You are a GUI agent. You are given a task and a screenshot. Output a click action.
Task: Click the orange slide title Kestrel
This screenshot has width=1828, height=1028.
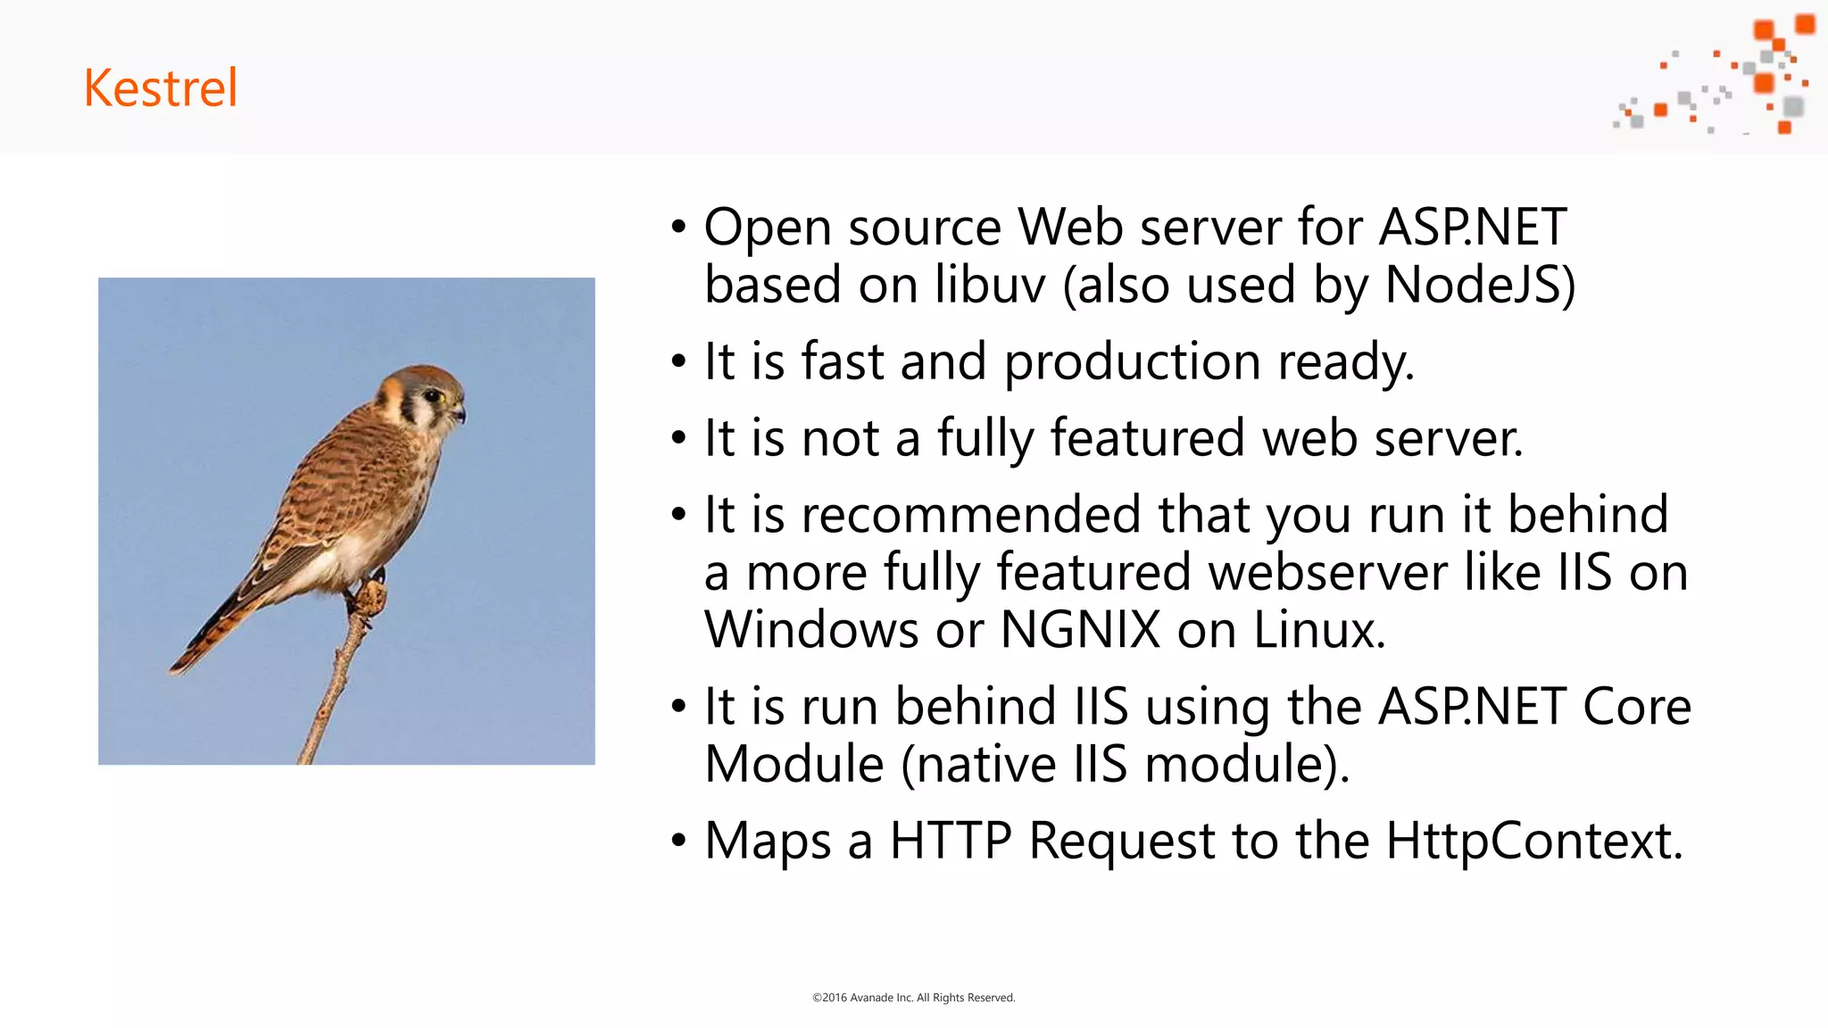(x=161, y=88)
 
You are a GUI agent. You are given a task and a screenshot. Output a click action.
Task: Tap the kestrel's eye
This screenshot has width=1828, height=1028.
(x=434, y=395)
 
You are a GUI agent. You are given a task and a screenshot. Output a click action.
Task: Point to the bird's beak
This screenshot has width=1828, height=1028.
(x=460, y=414)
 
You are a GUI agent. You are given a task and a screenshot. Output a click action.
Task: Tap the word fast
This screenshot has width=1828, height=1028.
(x=843, y=361)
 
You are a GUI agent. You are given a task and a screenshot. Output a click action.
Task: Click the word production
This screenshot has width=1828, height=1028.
(x=1132, y=362)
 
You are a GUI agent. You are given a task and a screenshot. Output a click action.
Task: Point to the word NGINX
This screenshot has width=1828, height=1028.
(x=1080, y=630)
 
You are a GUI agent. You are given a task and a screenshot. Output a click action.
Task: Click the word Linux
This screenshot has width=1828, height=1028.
(x=1319, y=630)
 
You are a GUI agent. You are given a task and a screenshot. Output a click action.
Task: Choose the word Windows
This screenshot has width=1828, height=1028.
(x=811, y=630)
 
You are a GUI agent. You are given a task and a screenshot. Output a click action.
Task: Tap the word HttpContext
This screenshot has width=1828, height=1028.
(x=1533, y=841)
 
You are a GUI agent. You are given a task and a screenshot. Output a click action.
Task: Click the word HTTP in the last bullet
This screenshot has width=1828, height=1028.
(x=951, y=841)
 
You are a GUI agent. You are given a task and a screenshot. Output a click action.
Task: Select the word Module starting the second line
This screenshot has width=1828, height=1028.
(x=794, y=765)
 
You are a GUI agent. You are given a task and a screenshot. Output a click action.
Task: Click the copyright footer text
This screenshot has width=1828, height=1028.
(x=913, y=998)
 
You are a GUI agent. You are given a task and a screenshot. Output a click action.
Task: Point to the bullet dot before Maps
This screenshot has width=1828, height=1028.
(x=679, y=841)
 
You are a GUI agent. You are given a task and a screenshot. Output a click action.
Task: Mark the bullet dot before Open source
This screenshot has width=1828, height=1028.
(x=679, y=228)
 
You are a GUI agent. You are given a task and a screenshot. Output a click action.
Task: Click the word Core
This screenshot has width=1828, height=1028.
(x=1637, y=707)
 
